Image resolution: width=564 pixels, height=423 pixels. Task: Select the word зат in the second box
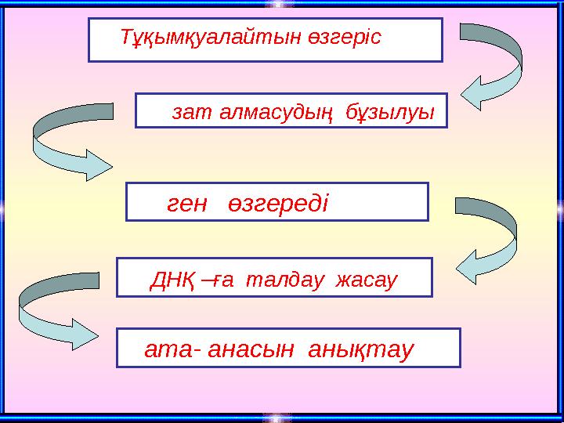(x=186, y=114)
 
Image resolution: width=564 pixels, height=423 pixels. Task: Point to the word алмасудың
(x=270, y=114)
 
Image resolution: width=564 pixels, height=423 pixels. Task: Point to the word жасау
(x=368, y=280)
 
